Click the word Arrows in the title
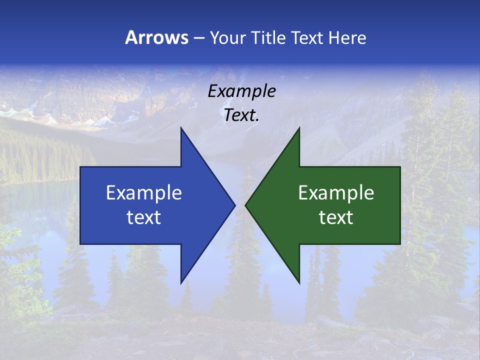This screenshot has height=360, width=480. click(x=156, y=38)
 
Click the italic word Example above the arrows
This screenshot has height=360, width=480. click(x=241, y=91)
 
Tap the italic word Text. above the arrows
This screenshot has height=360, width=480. click(x=241, y=115)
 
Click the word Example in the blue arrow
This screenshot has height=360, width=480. click(x=144, y=193)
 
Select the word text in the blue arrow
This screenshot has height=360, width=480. click(x=144, y=217)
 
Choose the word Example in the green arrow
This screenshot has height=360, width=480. click(x=336, y=193)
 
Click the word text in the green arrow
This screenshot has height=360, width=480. click(x=336, y=217)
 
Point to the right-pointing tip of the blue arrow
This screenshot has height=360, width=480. click(x=235, y=205)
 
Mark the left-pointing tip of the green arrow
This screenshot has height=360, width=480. click(x=245, y=205)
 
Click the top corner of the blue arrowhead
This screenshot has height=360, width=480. click(x=181, y=127)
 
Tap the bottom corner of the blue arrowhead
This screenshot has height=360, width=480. click(x=181, y=283)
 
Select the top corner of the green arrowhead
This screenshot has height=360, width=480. click(x=299, y=127)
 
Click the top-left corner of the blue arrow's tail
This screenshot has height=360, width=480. click(x=80, y=167)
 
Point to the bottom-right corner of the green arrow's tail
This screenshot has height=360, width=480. click(x=400, y=244)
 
